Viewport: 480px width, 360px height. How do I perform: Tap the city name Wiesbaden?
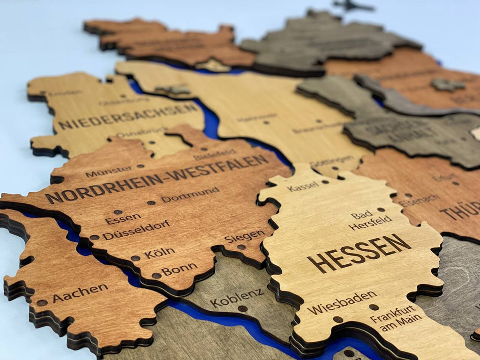click(x=342, y=302)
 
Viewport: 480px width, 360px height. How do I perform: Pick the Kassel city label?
click(x=302, y=187)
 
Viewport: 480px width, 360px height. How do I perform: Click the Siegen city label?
click(x=244, y=235)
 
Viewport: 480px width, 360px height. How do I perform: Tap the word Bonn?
click(x=180, y=270)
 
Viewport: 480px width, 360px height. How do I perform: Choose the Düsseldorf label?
click(x=136, y=229)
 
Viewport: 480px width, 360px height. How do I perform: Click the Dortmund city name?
click(x=190, y=194)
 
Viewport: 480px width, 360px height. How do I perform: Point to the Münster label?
click(x=108, y=171)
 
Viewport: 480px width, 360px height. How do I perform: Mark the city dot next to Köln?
click(x=135, y=258)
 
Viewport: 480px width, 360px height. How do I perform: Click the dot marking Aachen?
click(x=42, y=302)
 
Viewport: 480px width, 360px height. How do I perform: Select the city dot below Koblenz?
click(x=242, y=308)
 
